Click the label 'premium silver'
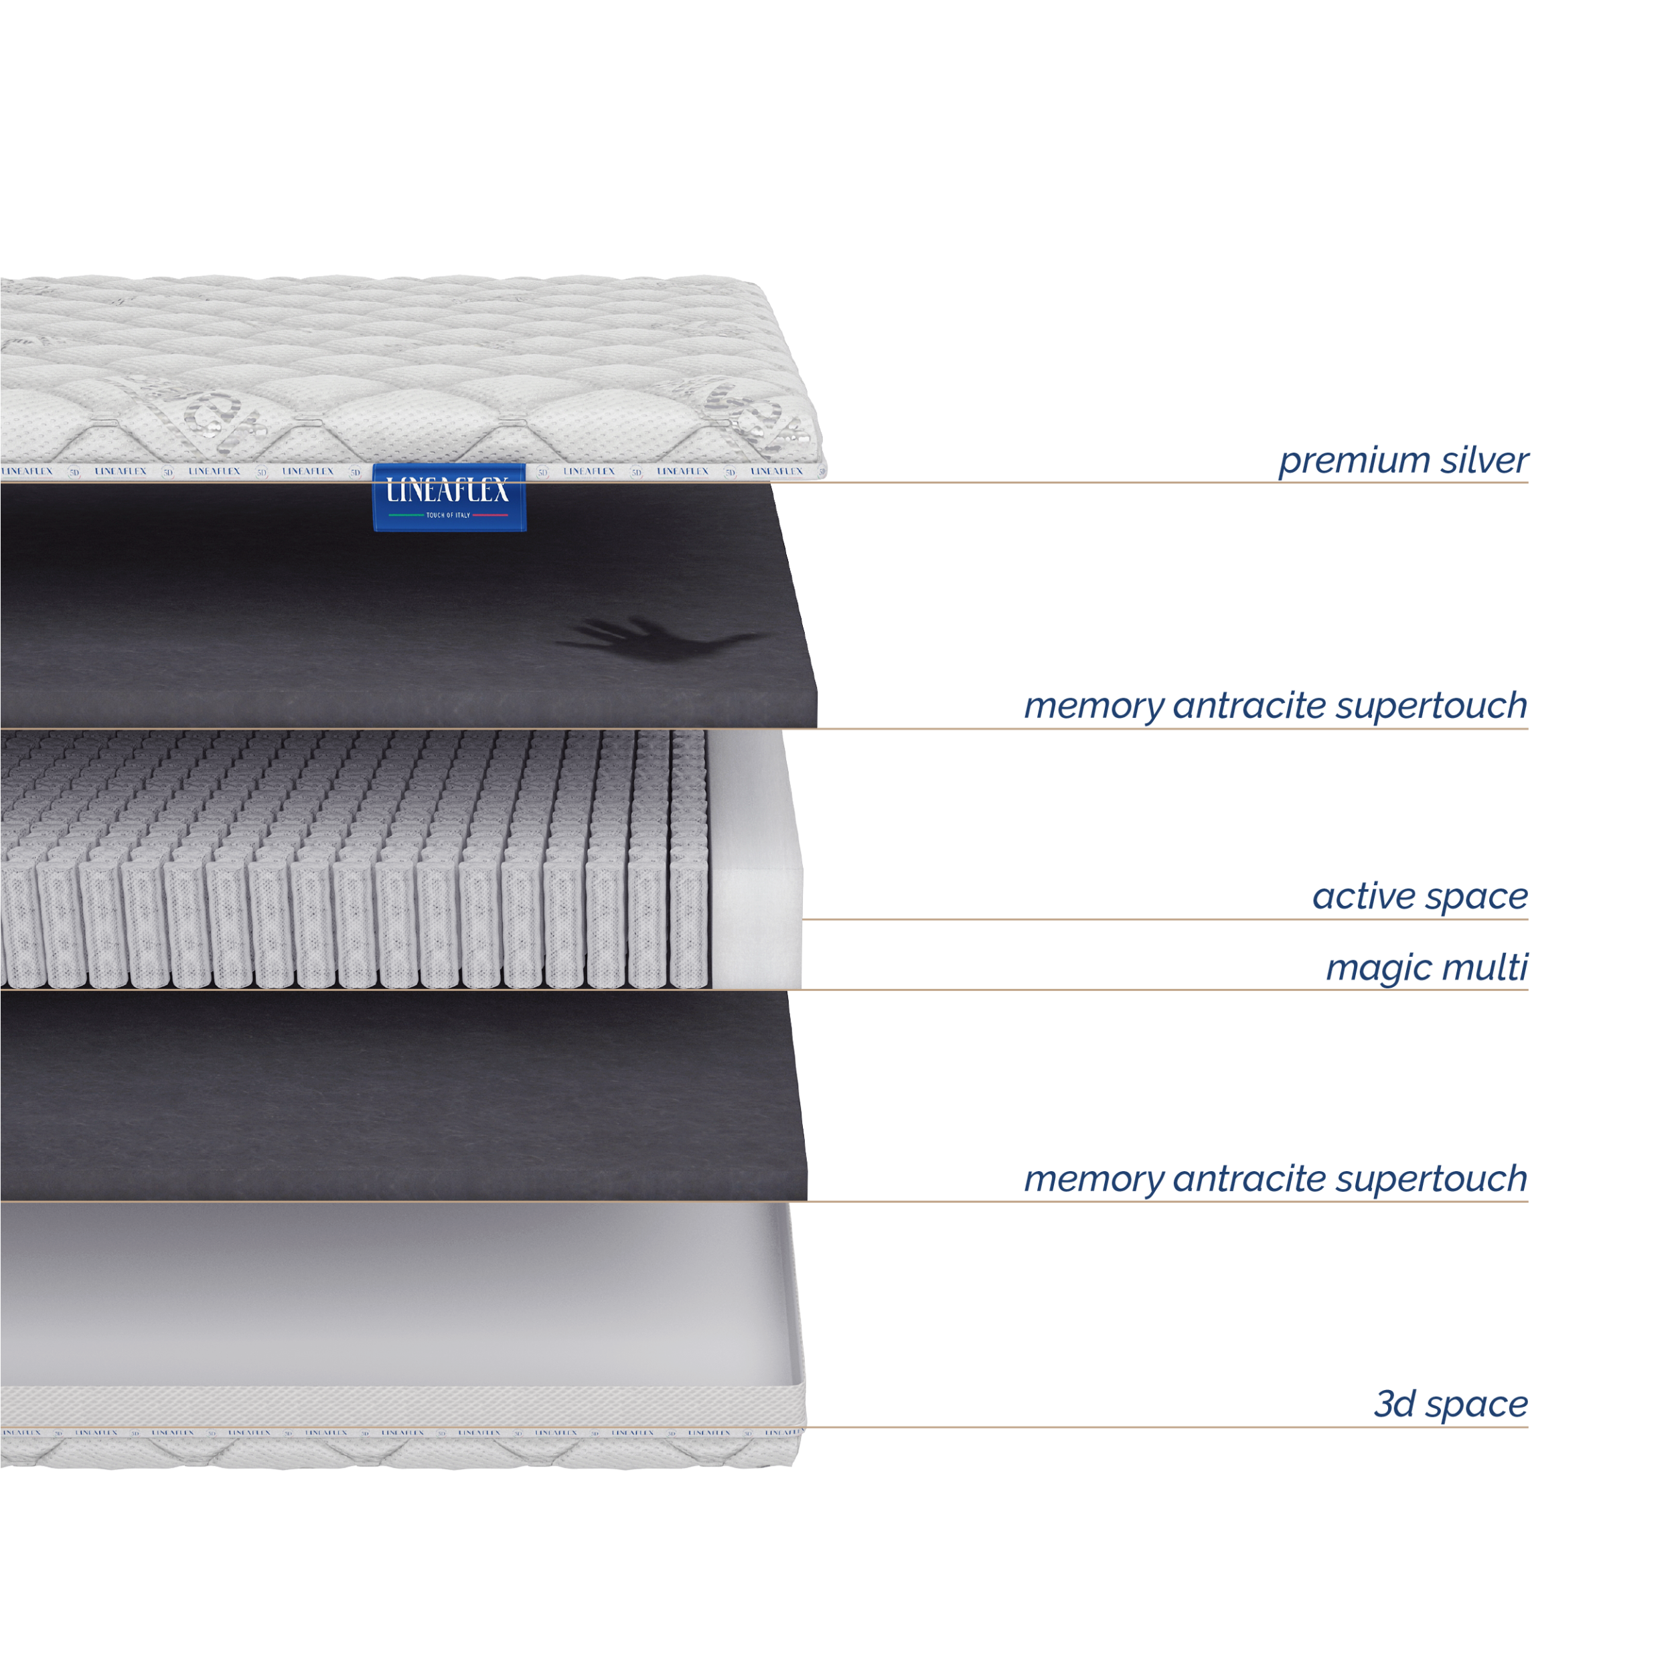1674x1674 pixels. [1403, 461]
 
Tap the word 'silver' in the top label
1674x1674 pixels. [1485, 459]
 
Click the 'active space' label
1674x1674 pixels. [1420, 897]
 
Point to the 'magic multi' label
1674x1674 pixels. [1427, 968]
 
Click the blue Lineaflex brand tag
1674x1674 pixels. [449, 498]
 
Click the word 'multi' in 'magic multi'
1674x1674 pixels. [1483, 966]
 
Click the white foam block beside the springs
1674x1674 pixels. [755, 858]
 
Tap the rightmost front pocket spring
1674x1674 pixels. [689, 927]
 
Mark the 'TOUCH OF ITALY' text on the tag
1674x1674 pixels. [448, 516]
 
